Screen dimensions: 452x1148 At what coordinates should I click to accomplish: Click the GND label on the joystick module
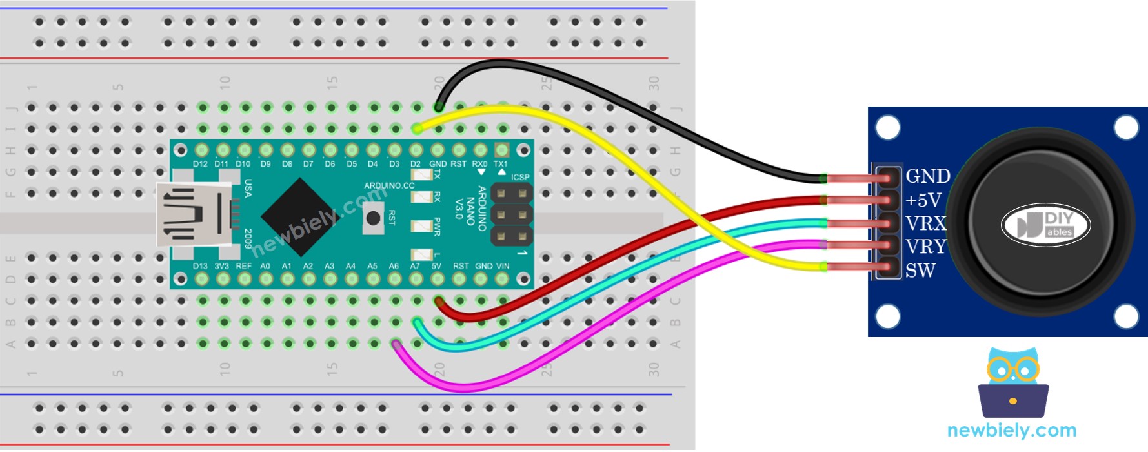[x=927, y=176]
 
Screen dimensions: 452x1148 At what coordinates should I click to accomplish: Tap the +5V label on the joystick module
[x=923, y=200]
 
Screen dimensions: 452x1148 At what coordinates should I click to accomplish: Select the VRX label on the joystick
[x=925, y=223]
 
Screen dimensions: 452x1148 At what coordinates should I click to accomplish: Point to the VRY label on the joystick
[x=925, y=247]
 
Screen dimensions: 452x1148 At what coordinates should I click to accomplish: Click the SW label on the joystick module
[x=920, y=271]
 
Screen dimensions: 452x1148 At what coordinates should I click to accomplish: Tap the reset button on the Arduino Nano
[x=373, y=218]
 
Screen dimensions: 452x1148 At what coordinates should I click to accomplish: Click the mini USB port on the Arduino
[x=194, y=214]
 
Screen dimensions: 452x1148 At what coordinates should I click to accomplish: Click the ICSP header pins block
[x=511, y=214]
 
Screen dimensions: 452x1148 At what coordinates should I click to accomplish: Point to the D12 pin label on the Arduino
[x=200, y=164]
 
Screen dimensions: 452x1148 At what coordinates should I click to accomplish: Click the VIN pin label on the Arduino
[x=503, y=266]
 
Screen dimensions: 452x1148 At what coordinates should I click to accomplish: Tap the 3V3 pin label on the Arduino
[x=221, y=266]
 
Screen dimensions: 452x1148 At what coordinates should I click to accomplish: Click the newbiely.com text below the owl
[x=1011, y=430]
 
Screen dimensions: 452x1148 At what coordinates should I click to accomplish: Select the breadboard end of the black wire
[x=439, y=107]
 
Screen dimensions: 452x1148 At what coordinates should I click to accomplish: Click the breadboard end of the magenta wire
[x=396, y=344]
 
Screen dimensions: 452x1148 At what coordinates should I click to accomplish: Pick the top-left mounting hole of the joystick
[x=888, y=127]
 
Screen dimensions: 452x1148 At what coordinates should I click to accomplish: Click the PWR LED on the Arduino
[x=421, y=226]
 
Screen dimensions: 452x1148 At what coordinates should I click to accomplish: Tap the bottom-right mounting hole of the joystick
[x=1126, y=316]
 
